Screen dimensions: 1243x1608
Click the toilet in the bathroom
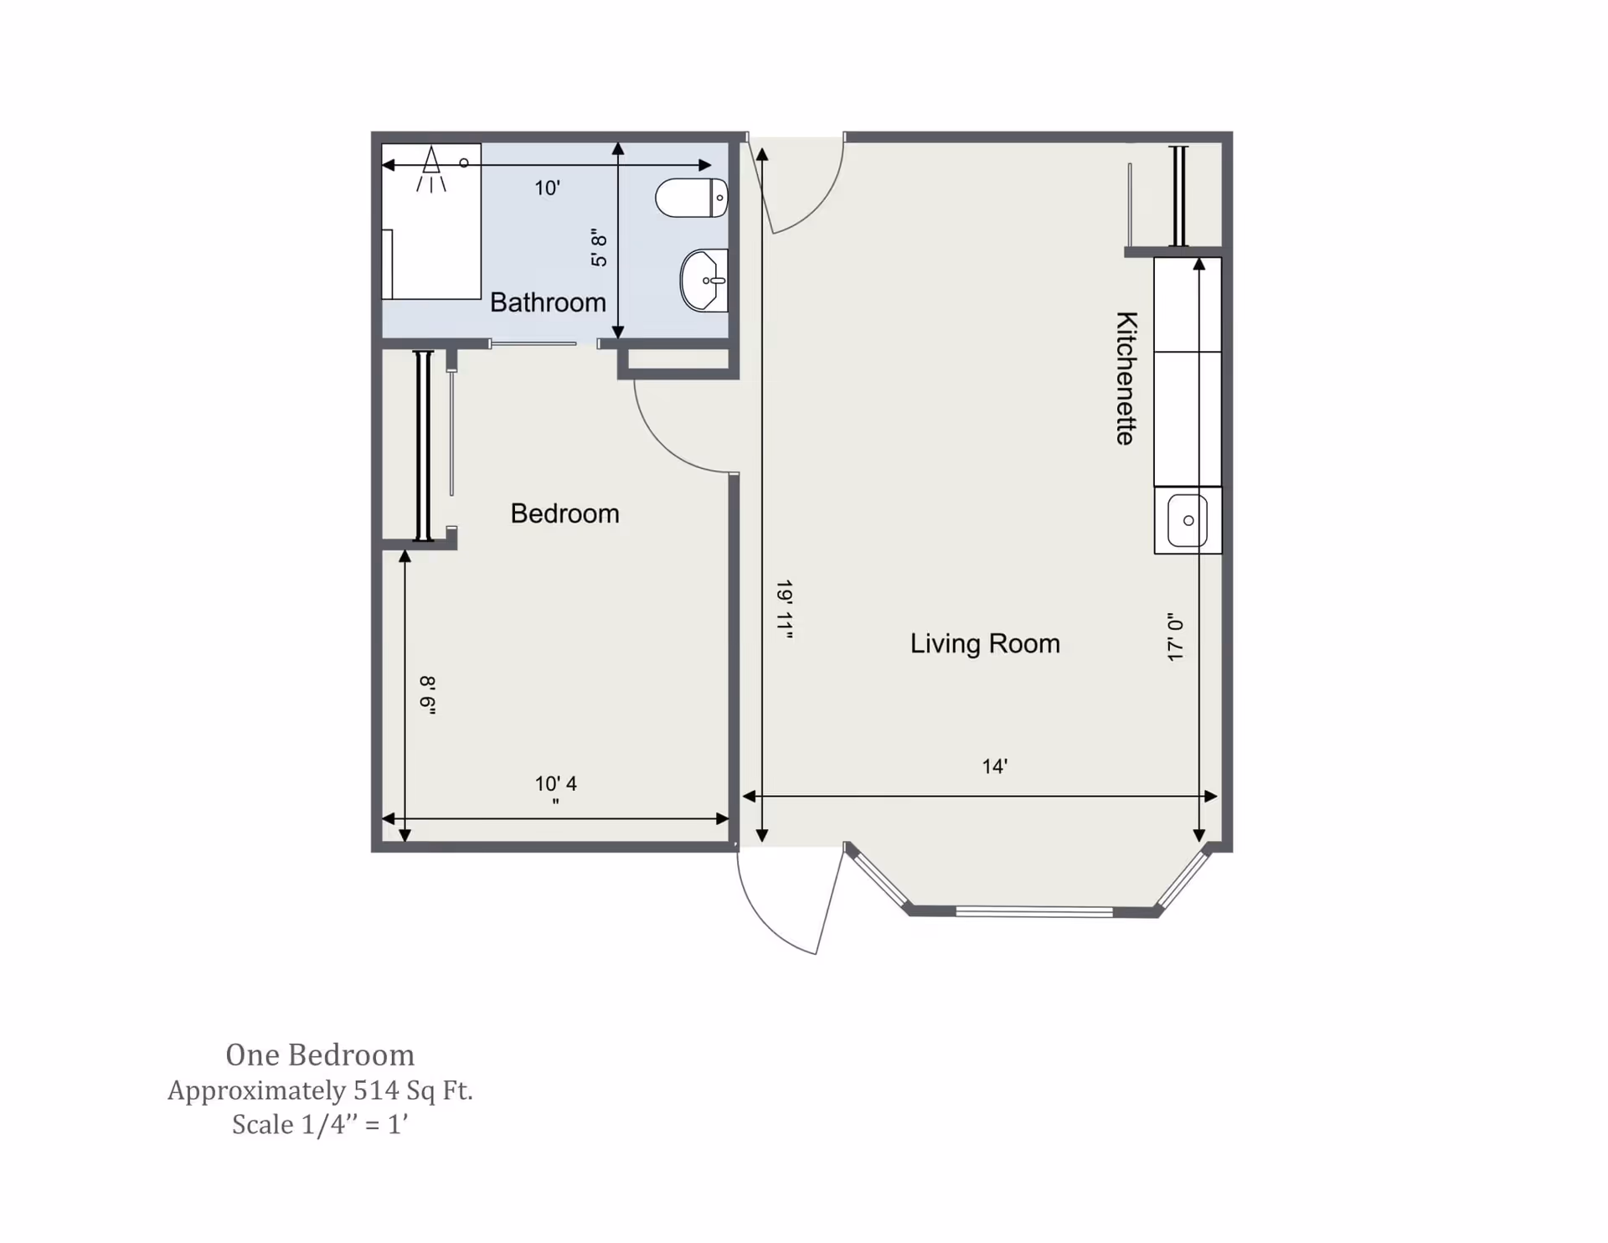690,198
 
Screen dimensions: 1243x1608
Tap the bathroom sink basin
703,281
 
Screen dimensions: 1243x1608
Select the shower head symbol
431,168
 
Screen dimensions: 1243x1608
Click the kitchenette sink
1188,520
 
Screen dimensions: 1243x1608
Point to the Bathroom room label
548,302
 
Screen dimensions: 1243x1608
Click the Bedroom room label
564,513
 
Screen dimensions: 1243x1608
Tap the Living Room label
985,643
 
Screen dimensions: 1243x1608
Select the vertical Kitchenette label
1126,378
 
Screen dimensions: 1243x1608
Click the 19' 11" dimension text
784,609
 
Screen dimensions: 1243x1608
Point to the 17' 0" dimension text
1176,637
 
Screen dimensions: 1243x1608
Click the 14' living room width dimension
994,766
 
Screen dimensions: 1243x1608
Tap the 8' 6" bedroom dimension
428,695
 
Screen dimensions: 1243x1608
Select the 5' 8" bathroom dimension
599,247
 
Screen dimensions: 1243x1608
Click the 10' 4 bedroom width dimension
556,785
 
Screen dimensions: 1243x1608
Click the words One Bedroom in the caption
320,1055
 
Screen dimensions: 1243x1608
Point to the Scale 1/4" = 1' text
320,1125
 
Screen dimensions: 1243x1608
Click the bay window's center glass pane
1034,911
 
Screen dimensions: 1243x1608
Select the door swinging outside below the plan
787,913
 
